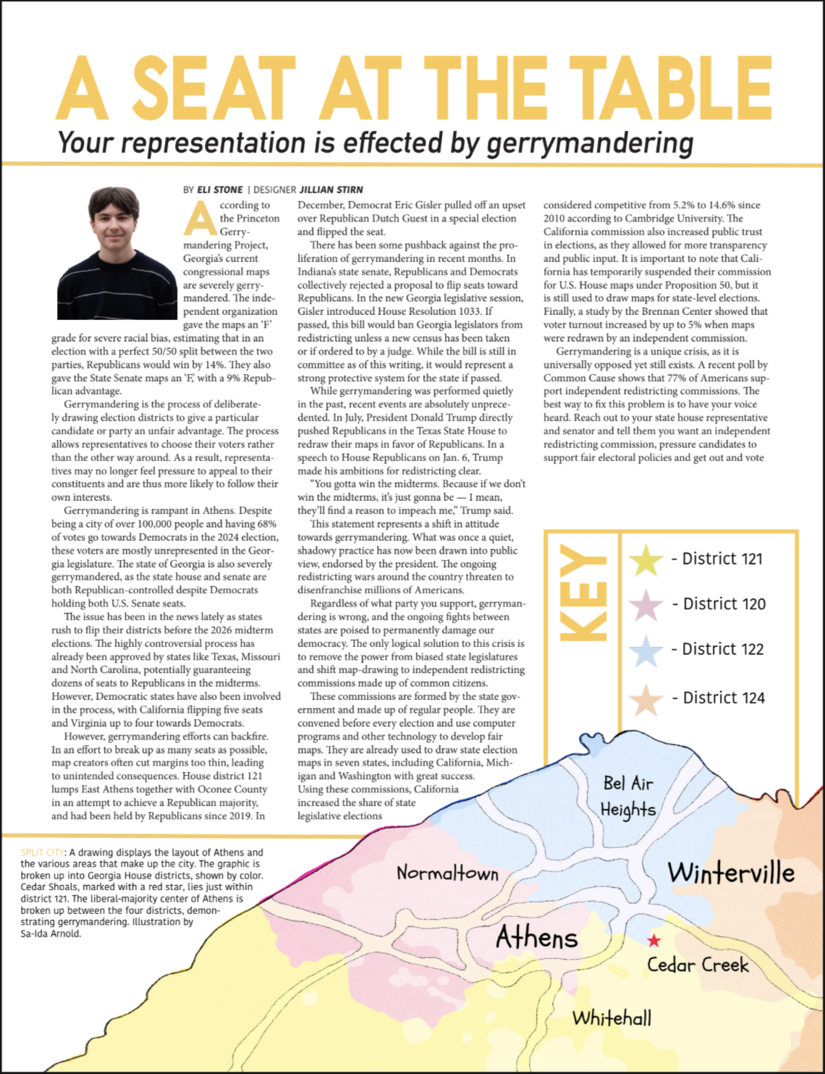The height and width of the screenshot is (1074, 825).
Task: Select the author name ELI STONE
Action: [x=219, y=190]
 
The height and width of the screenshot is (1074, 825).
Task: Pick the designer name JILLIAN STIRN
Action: [x=331, y=190]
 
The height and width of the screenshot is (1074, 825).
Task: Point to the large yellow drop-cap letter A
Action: [x=200, y=217]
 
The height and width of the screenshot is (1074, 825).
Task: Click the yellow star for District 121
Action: [x=646, y=559]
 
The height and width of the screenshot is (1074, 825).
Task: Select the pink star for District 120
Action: [x=646, y=604]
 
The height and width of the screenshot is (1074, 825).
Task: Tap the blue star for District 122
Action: [x=646, y=650]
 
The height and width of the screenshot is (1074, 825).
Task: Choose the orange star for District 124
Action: [x=646, y=698]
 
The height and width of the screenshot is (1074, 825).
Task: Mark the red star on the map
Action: [x=654, y=940]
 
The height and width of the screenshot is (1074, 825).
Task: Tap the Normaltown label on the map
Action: [x=447, y=873]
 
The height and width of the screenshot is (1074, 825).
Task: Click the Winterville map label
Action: [x=730, y=872]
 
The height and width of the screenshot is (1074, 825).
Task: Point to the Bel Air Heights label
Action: [x=628, y=796]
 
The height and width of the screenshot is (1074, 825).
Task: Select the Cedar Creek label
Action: [x=698, y=965]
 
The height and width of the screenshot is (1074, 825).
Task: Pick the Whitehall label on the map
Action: [x=612, y=1018]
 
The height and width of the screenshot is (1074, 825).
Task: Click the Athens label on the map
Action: [x=536, y=938]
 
